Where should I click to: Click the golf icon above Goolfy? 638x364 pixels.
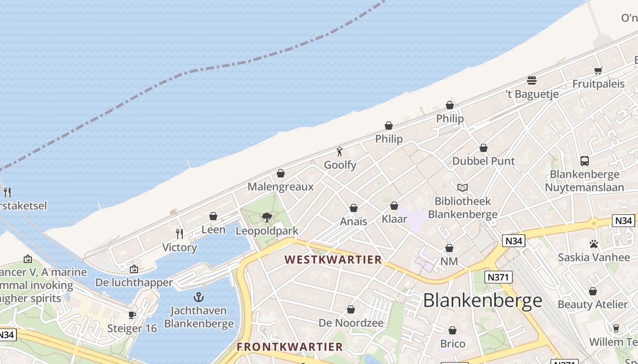point(340,152)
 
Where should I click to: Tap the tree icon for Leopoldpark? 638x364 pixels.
point(267,217)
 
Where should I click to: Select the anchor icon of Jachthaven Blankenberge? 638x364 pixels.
point(198,298)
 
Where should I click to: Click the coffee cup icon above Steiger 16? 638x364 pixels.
point(132,315)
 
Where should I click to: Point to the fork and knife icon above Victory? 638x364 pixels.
point(180,234)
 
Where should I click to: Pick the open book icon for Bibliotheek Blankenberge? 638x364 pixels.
point(463,187)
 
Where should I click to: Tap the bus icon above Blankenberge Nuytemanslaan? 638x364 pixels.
point(585,161)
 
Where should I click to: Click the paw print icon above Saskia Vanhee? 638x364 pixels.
point(593,244)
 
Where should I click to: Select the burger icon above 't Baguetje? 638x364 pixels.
point(532,81)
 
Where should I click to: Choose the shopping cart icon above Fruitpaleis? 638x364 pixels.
point(598,71)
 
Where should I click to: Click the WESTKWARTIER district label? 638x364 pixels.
point(333,259)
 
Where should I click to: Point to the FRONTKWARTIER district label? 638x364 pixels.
point(290,347)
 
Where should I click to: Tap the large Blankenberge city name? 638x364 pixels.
point(483,300)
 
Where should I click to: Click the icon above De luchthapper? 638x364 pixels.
point(134,269)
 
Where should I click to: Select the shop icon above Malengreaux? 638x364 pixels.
point(281,173)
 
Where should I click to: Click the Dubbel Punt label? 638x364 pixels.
point(484,161)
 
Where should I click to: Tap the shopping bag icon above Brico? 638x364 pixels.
point(453,330)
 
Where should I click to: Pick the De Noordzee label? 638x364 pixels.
point(351,323)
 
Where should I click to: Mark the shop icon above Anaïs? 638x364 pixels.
point(354,208)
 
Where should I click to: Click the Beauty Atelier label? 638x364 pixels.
point(593,304)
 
